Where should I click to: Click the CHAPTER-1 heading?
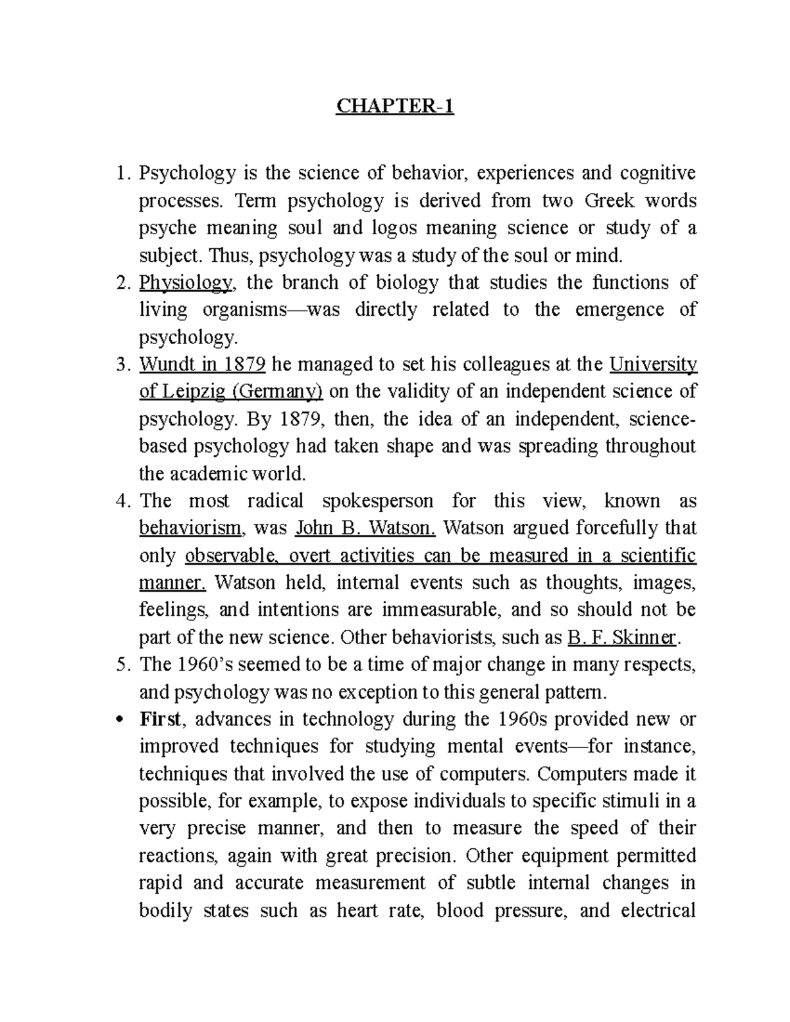point(395,107)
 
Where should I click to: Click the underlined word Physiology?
point(186,283)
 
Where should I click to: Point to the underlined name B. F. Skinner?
point(621,638)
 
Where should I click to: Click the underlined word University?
point(654,365)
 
